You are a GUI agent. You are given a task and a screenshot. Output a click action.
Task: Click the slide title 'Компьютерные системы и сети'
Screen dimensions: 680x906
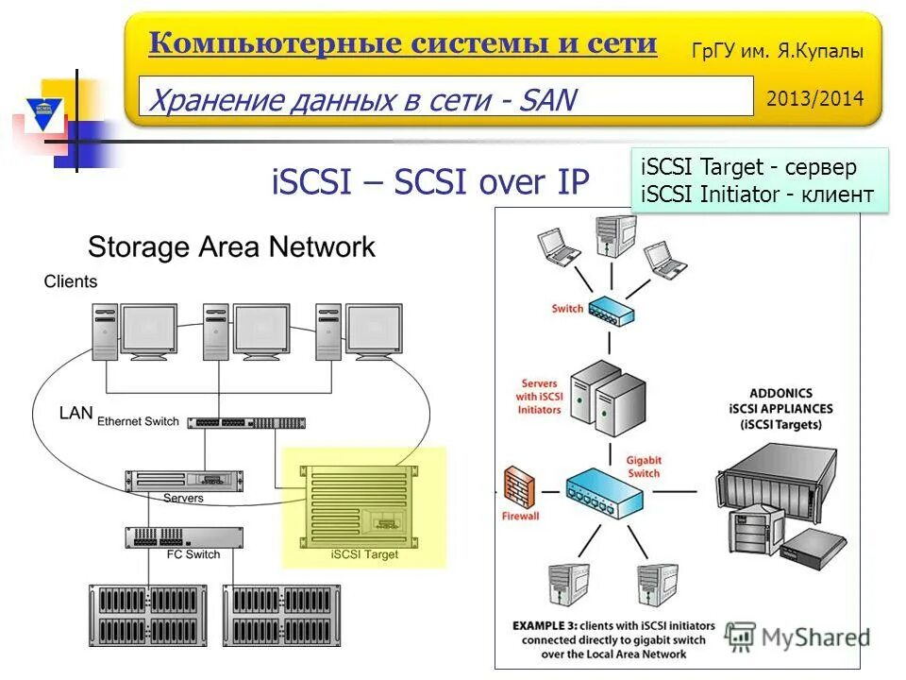tap(402, 42)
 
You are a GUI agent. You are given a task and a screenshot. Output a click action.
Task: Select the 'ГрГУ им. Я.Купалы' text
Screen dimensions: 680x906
tap(778, 53)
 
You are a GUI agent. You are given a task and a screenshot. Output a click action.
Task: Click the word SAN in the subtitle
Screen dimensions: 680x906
tap(545, 98)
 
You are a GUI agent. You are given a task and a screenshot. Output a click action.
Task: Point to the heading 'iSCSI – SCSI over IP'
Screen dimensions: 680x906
tap(430, 181)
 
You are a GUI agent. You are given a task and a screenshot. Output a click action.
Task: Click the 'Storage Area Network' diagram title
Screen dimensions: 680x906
tap(231, 247)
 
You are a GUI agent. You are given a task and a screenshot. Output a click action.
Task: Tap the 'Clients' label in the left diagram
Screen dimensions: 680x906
tap(71, 281)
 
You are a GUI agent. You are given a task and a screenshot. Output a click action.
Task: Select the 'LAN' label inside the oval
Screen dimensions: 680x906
tap(75, 413)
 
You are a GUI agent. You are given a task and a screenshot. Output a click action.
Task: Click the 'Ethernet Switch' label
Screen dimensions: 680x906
tap(138, 421)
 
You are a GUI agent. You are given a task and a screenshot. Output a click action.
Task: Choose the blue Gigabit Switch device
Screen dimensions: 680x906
tap(603, 491)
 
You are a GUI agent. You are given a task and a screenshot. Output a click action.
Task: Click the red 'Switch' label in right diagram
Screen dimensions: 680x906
tap(568, 309)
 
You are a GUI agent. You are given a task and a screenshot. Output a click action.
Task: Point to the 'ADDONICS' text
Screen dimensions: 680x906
tap(780, 393)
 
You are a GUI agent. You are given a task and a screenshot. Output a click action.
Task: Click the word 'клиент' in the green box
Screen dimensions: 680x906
tap(838, 195)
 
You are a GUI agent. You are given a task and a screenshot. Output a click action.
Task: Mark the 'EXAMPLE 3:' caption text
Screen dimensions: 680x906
tap(549, 626)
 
